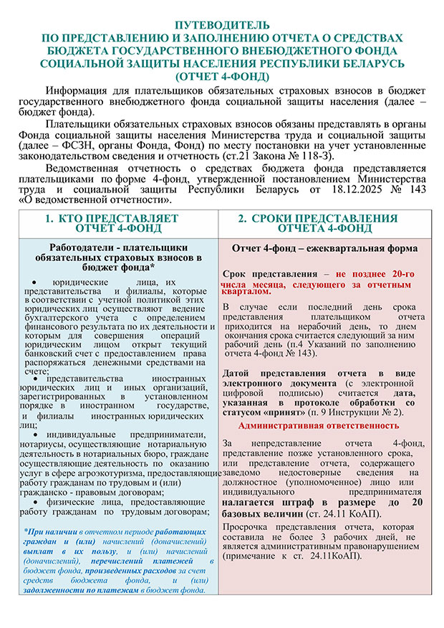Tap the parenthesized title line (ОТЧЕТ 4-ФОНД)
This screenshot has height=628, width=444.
(x=222, y=77)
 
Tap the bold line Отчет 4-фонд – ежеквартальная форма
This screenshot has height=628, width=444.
(x=324, y=248)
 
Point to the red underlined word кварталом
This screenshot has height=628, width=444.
(x=247, y=292)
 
